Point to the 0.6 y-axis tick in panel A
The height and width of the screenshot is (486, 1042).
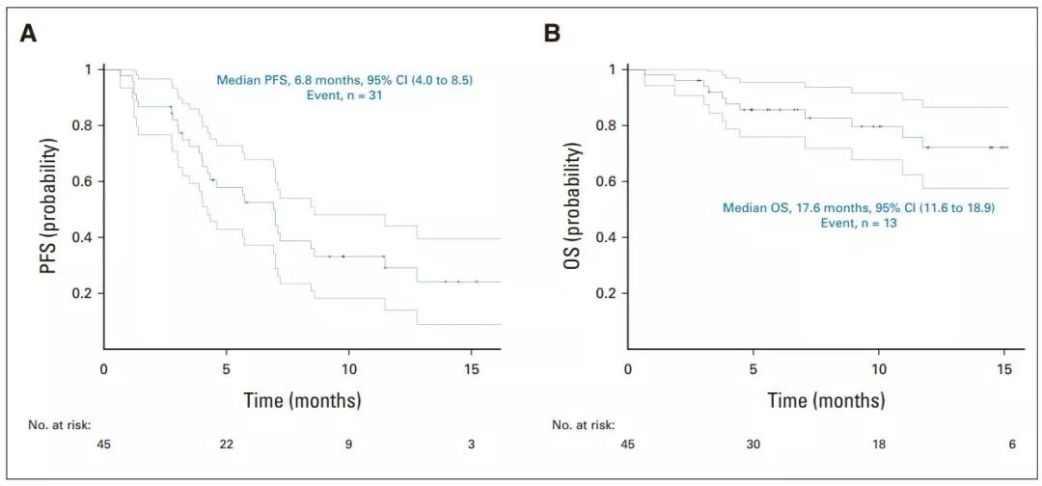(87, 181)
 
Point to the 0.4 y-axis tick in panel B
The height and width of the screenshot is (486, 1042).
(611, 237)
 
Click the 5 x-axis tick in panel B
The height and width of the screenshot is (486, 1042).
(754, 368)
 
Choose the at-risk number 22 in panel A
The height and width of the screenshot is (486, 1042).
(226, 445)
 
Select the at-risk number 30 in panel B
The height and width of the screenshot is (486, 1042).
(754, 445)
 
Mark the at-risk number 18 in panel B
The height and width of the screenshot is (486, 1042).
(879, 445)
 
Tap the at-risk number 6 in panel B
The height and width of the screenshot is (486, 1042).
(1004, 445)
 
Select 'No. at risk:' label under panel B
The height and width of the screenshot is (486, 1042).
(584, 424)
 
